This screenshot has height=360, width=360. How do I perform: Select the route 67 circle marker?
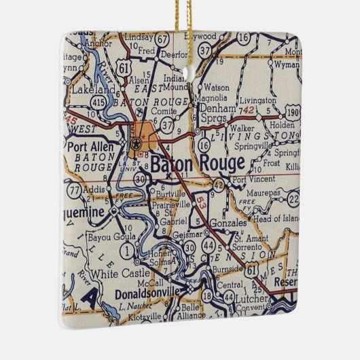pyautogui.click(x=162, y=40)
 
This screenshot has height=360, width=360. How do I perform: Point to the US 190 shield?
pyautogui.click(x=292, y=111)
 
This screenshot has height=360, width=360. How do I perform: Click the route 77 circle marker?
pyautogui.click(x=74, y=190)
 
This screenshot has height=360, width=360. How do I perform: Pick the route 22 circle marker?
pyautogui.click(x=293, y=198)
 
